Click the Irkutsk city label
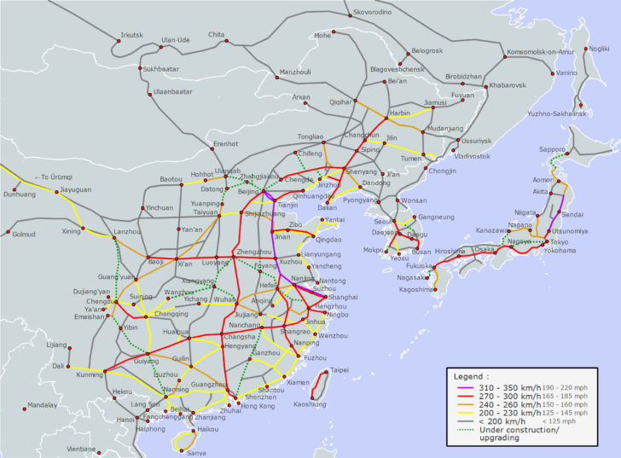click(133, 35)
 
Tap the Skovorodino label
click(374, 12)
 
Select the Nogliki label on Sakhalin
click(599, 49)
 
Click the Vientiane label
click(82, 449)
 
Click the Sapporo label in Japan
click(551, 149)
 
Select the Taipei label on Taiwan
click(339, 370)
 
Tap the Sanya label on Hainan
click(196, 453)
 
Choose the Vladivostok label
click(473, 156)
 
